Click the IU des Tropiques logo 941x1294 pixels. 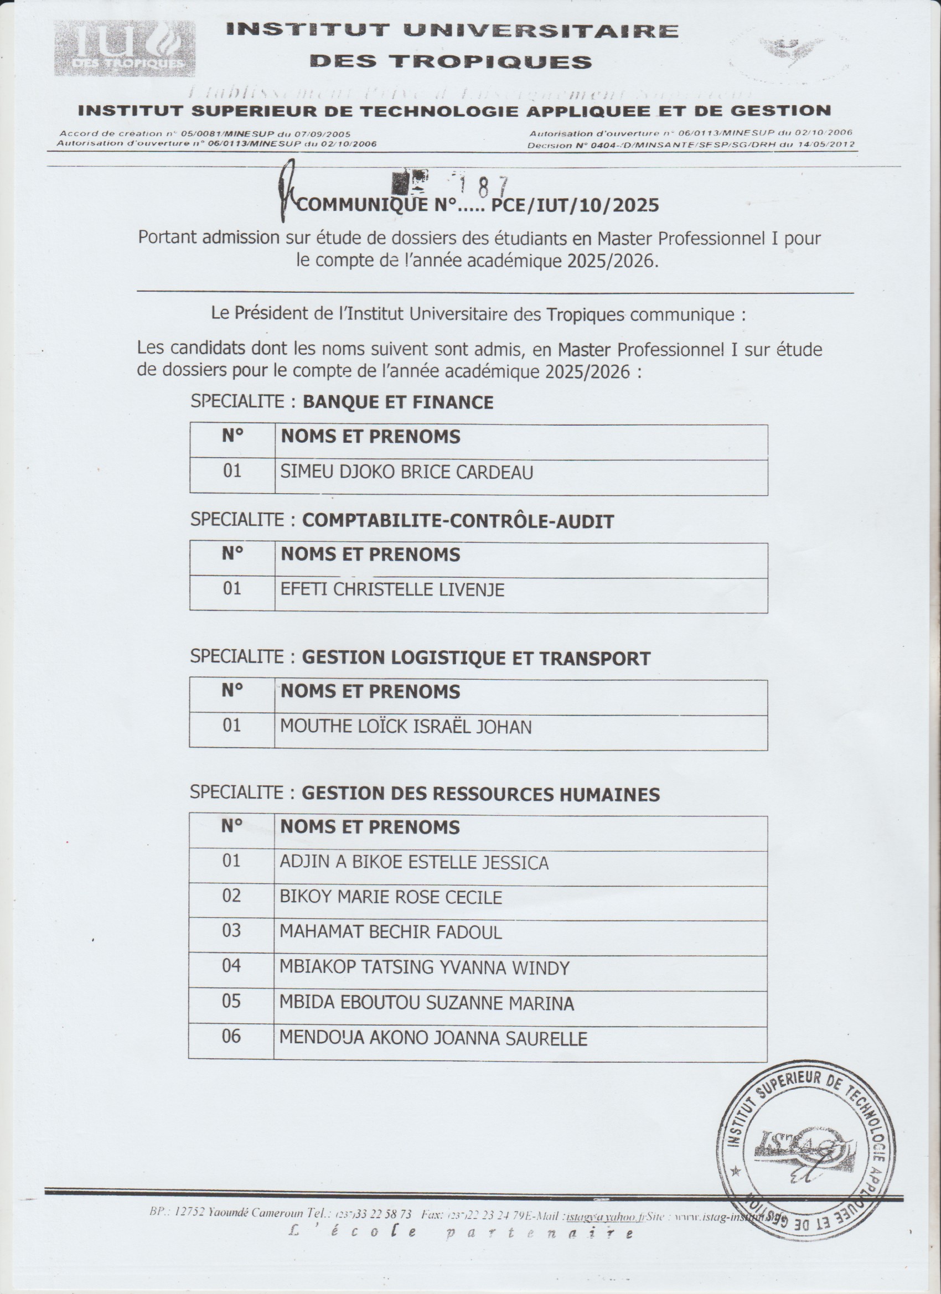pyautogui.click(x=125, y=49)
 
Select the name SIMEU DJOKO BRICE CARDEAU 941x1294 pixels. pyautogui.click(x=406, y=473)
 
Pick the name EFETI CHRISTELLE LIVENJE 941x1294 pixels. pyautogui.click(x=392, y=589)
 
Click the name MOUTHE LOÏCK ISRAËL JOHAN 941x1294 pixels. pyautogui.click(x=405, y=727)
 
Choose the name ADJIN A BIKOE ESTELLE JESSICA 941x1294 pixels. pyautogui.click(x=413, y=862)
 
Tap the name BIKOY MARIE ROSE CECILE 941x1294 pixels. pyautogui.click(x=390, y=897)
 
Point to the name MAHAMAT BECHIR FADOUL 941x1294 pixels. pyautogui.click(x=390, y=932)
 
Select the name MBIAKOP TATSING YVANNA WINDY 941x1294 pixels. pyautogui.click(x=424, y=967)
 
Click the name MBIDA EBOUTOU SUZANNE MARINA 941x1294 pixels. pyautogui.click(x=426, y=1003)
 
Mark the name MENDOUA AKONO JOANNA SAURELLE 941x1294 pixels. pyautogui.click(x=432, y=1038)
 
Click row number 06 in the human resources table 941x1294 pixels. pyautogui.click(x=231, y=1036)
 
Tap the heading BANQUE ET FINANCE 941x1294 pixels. pyautogui.click(x=398, y=402)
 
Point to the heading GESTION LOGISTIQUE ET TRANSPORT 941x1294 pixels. pyautogui.click(x=476, y=658)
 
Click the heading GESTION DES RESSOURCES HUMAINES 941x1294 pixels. pyautogui.click(x=480, y=794)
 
